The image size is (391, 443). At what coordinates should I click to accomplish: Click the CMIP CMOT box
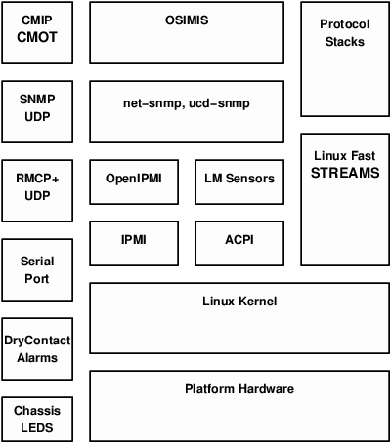[x=36, y=32]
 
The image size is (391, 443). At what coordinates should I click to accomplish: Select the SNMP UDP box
[x=36, y=106]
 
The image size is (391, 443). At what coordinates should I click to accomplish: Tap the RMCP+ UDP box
[x=36, y=186]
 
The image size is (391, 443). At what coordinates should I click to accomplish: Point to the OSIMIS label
[x=187, y=20]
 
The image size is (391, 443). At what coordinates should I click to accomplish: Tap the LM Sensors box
[x=239, y=179]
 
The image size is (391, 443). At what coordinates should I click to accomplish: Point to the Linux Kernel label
[x=239, y=302]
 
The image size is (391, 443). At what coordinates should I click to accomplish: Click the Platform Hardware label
[x=239, y=389]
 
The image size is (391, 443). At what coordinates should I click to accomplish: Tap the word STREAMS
[x=344, y=173]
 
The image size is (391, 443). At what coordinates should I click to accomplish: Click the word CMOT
[x=36, y=40]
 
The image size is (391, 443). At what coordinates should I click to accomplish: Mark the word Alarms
[x=36, y=357]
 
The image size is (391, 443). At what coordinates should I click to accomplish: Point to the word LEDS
[x=36, y=428]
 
